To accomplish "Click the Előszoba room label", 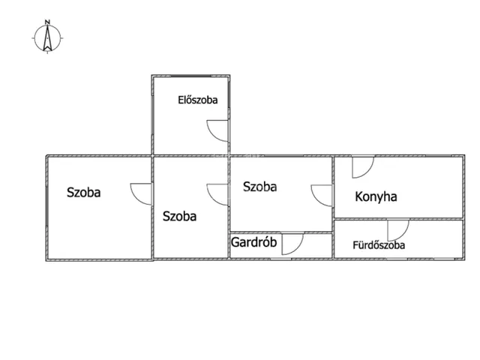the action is tap(198, 100).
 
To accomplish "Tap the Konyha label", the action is tap(376, 196).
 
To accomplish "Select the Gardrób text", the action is tap(253, 242).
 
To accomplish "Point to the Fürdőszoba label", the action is tap(379, 245).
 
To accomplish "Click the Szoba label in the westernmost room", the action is tap(83, 192).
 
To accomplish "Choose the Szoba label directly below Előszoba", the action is tap(179, 216).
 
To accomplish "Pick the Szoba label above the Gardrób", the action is tap(260, 187).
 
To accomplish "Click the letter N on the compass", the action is tap(47, 22).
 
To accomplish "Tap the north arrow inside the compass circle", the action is tap(47, 38).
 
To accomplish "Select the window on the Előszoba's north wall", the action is tap(190, 76).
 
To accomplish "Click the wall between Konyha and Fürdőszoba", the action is tap(398, 218).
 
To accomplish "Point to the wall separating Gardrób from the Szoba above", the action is tap(281, 232).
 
